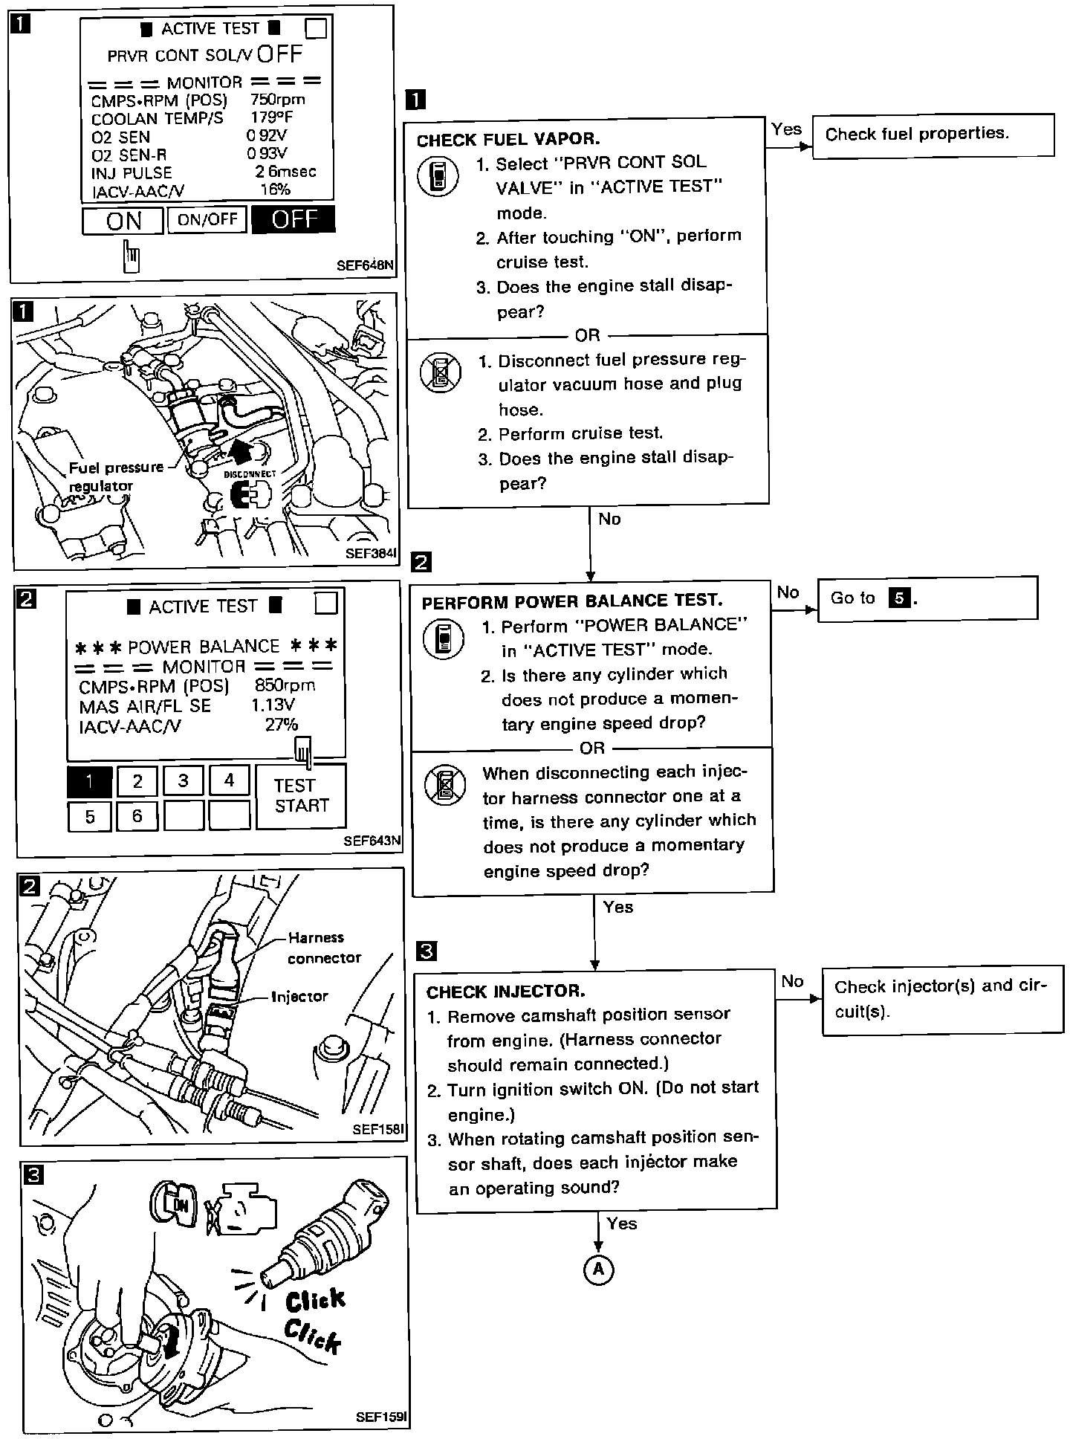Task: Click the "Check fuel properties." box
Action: [x=933, y=135]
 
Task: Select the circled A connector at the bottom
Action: [x=598, y=1270]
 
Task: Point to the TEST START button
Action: [x=301, y=796]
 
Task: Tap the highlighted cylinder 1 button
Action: [x=89, y=781]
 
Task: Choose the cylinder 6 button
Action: [x=137, y=816]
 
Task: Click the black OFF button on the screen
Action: [x=294, y=220]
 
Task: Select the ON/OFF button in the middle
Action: [x=207, y=219]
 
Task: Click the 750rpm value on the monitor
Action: [x=277, y=100]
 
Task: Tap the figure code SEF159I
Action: [x=380, y=1417]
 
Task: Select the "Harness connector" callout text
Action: [x=325, y=948]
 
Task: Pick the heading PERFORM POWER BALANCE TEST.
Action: [x=571, y=601]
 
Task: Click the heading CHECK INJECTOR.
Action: [x=505, y=992]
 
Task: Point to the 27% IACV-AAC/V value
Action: [x=282, y=725]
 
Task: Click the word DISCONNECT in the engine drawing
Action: [x=250, y=473]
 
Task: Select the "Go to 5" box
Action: [x=927, y=598]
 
